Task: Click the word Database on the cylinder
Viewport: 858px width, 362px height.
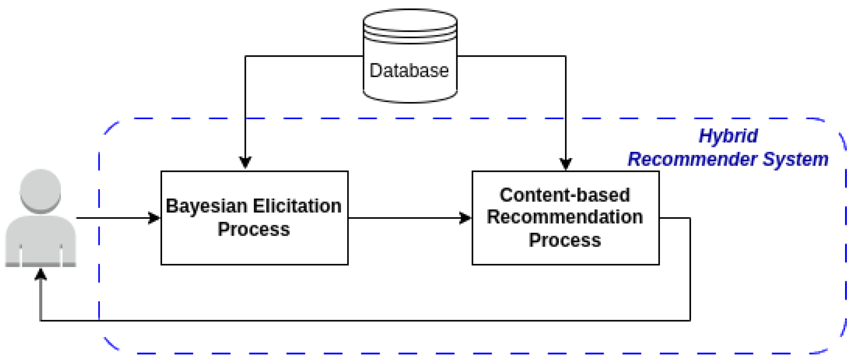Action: [x=409, y=71]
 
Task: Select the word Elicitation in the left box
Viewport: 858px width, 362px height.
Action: [x=297, y=206]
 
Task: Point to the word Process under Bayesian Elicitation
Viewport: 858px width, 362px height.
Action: [x=253, y=230]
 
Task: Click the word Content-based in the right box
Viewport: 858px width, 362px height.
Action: [x=565, y=195]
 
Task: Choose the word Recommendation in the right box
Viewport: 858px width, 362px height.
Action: [x=565, y=217]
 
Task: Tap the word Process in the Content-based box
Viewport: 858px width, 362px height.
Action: [x=565, y=240]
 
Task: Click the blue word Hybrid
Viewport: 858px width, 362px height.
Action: [x=728, y=136]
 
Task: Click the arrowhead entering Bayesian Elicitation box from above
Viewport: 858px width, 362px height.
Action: [x=245, y=163]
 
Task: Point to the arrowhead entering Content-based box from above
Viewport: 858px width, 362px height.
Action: [x=565, y=163]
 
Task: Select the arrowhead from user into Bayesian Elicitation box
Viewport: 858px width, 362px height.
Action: [x=154, y=218]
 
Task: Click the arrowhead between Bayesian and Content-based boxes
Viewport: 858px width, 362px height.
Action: [x=465, y=218]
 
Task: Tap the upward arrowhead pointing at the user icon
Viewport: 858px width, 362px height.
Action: [x=41, y=274]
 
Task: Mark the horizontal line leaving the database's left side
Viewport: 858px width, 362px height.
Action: [x=303, y=56]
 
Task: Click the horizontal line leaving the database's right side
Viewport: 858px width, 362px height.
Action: [x=512, y=56]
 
